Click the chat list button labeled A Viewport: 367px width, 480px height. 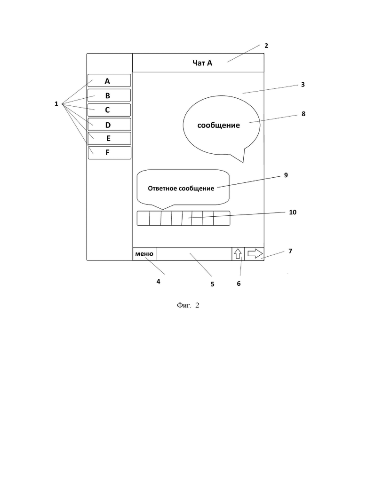tap(109, 80)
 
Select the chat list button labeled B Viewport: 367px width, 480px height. tap(109, 95)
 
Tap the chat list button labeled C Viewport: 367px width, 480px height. tap(109, 110)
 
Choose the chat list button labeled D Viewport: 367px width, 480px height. tap(109, 124)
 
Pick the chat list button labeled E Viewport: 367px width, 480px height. tap(110, 138)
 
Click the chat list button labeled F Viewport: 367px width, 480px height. tap(110, 153)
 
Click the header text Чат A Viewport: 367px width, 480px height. tap(202, 63)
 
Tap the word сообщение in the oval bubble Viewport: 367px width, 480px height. tap(218, 125)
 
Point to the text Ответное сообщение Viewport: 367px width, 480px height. tap(181, 189)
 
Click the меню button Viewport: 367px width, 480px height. tap(144, 254)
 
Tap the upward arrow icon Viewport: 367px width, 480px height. tap(238, 254)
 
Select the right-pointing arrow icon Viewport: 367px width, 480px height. tap(255, 254)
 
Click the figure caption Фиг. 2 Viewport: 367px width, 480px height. tap(188, 305)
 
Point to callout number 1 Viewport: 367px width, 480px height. tap(56, 104)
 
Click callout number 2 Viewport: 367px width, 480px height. tap(266, 46)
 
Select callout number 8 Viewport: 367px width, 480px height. tap(303, 114)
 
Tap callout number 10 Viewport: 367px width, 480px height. tap(293, 212)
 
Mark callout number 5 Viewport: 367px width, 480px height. tap(212, 284)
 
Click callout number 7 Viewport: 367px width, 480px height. tap(290, 251)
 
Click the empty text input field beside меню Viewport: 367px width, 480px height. tap(193, 254)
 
